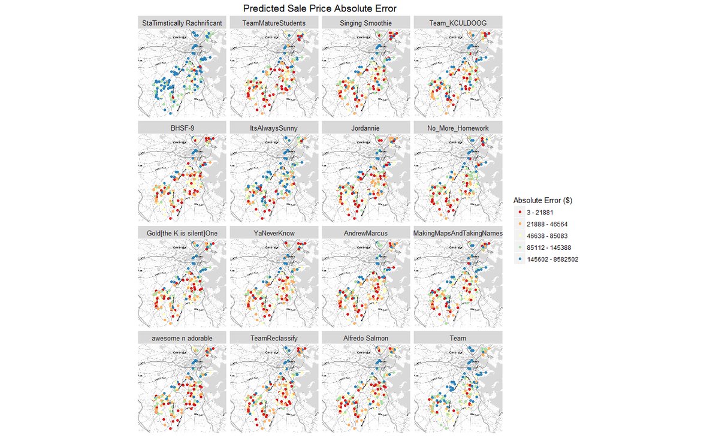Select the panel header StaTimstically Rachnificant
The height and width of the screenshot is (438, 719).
[182, 23]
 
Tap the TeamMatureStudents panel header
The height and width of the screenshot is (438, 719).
[274, 23]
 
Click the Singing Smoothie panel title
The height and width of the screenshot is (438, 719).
[366, 23]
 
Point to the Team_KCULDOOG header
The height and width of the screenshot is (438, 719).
[458, 23]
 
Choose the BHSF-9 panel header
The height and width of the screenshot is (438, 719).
[182, 128]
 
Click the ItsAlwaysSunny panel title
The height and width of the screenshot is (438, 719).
[274, 128]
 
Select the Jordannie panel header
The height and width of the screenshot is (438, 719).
[366, 128]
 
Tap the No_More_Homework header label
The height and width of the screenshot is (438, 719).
[458, 128]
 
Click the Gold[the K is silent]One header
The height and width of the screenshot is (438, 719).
[182, 233]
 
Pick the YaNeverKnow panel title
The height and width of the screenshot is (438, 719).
[274, 233]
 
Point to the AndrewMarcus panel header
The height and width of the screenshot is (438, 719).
[366, 233]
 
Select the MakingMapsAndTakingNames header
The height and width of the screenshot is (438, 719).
[458, 233]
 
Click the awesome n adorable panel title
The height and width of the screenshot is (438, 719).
[182, 338]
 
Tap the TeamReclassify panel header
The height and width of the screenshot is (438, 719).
[274, 338]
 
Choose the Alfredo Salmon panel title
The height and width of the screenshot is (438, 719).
[366, 338]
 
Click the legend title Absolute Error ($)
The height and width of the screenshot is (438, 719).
[543, 201]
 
